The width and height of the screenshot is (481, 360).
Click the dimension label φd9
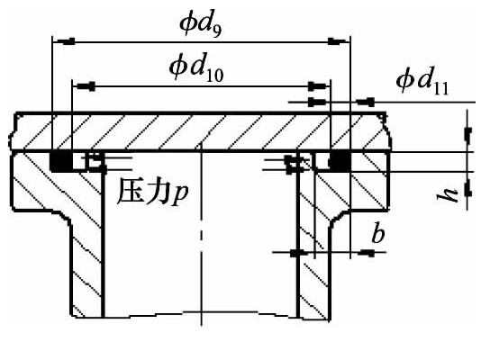[x=200, y=26]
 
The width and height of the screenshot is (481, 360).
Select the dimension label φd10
[x=196, y=68]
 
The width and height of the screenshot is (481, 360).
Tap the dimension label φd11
[x=422, y=82]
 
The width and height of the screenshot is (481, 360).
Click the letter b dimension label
[x=378, y=234]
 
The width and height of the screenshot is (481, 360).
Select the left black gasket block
[x=61, y=161]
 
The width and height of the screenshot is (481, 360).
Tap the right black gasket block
[x=340, y=160]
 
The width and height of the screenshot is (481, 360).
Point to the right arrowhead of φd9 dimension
[x=339, y=41]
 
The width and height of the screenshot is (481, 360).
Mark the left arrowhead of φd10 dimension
[x=84, y=86]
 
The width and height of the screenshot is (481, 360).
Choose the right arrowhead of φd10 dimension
[x=319, y=86]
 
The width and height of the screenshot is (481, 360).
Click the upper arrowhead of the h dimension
[x=467, y=135]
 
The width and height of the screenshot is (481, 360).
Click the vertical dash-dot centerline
[x=201, y=234]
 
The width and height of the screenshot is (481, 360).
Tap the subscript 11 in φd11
[x=441, y=88]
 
